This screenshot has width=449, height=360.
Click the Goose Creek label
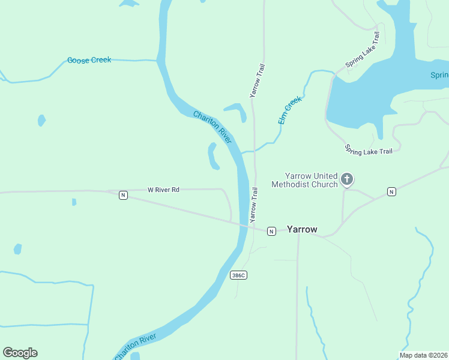click(x=89, y=60)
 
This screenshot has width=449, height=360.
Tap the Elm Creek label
click(x=289, y=110)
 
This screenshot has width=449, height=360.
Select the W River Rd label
click(x=163, y=190)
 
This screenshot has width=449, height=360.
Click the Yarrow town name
click(x=302, y=229)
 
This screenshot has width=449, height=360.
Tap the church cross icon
click(x=346, y=179)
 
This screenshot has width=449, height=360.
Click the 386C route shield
click(x=238, y=275)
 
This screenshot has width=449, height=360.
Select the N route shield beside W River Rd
click(x=123, y=195)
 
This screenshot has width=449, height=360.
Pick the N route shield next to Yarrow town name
click(x=271, y=231)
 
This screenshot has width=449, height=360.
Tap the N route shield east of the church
click(x=391, y=191)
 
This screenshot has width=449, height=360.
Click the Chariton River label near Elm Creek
click(x=212, y=126)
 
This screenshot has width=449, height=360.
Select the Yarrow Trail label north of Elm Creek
click(x=257, y=80)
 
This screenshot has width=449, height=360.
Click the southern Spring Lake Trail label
click(x=369, y=150)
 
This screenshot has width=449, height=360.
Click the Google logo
click(x=20, y=353)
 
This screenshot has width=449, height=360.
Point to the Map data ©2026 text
click(x=423, y=355)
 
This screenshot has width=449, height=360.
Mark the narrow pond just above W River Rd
click(x=212, y=156)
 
